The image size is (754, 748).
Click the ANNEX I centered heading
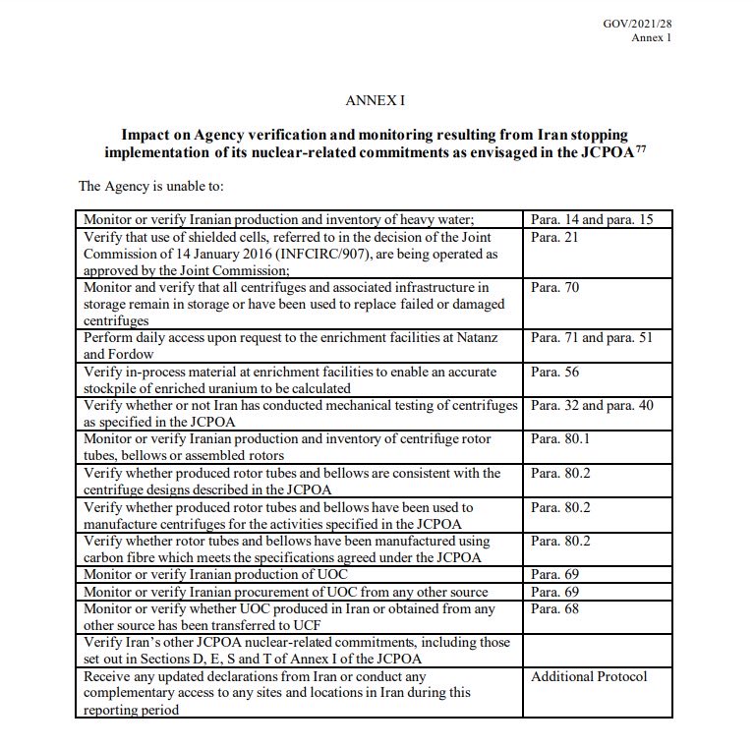pyautogui.click(x=375, y=100)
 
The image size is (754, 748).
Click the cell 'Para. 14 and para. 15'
pyautogui.click(x=591, y=219)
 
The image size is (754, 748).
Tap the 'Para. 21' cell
pyautogui.click(x=555, y=238)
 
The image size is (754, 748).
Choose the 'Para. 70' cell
pyautogui.click(x=555, y=288)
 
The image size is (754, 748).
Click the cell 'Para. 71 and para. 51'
pyautogui.click(x=591, y=338)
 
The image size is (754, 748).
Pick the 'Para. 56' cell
pyautogui.click(x=555, y=373)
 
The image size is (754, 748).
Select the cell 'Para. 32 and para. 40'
pyautogui.click(x=591, y=405)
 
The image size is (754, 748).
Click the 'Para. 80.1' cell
pyautogui.click(x=561, y=439)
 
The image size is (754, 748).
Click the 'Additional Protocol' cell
pyautogui.click(x=589, y=676)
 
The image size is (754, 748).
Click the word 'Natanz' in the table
pyautogui.click(x=476, y=338)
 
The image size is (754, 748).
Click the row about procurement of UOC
pyautogui.click(x=286, y=593)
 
